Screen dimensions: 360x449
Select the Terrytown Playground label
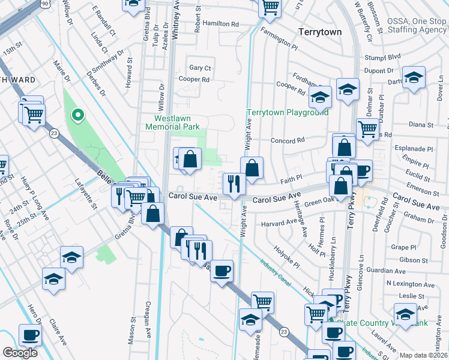288,112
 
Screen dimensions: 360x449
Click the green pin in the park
77,115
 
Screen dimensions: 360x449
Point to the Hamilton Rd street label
220,23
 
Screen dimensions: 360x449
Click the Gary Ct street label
200,68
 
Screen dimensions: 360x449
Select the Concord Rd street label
288,140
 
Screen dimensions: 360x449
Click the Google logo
20,353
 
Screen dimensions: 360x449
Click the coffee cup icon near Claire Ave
30,335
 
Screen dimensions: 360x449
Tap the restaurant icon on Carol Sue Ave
234,183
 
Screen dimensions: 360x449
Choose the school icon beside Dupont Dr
414,78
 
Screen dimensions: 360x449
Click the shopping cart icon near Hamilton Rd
271,7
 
